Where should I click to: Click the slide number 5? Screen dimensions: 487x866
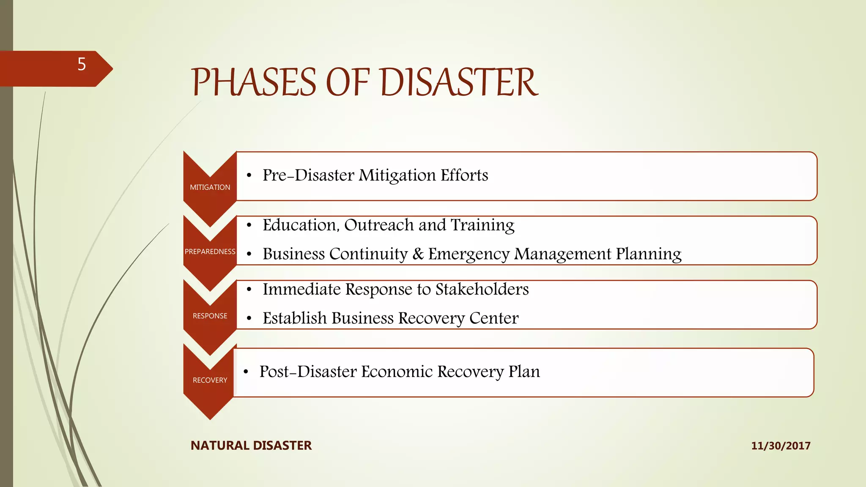(82, 64)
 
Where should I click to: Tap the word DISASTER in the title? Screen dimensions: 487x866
(459, 82)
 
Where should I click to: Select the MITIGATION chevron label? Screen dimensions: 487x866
(210, 187)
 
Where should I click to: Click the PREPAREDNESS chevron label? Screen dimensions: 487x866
(210, 252)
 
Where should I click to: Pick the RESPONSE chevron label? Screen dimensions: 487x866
(210, 316)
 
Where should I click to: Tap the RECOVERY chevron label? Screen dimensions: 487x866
(210, 380)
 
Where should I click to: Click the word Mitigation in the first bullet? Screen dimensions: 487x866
(397, 175)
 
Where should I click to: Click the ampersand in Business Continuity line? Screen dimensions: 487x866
(418, 254)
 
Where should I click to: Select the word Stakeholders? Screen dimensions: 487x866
(482, 289)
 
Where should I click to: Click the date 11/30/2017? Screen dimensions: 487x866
(781, 446)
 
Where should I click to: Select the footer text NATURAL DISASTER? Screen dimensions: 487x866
(251, 446)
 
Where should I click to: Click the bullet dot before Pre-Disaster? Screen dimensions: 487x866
(249, 176)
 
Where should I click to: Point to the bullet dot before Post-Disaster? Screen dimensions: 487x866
(246, 372)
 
